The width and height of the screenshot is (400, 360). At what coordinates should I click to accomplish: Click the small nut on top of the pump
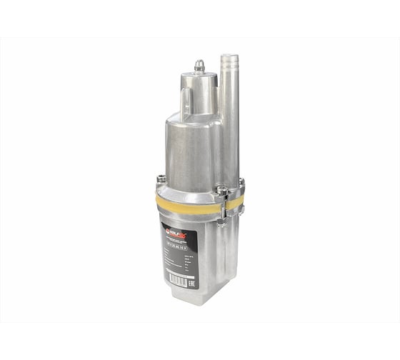point(200,66)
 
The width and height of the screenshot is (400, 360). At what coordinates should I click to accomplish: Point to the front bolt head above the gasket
point(222,191)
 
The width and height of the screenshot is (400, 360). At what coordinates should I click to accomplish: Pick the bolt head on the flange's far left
point(161,179)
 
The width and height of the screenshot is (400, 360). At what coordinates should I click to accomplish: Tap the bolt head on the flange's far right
point(241,182)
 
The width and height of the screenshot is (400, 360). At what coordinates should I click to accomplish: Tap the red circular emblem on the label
point(167,230)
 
